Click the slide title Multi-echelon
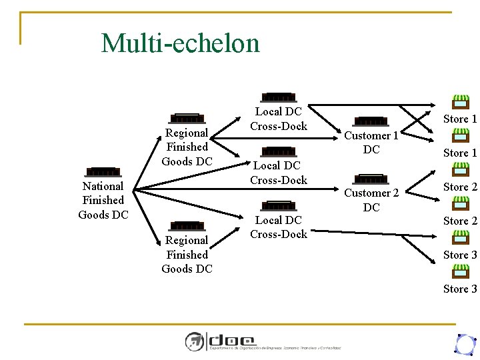click(180, 44)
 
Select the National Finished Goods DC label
click(103, 200)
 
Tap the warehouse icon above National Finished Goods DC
click(103, 173)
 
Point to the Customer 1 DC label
click(371, 143)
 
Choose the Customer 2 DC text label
click(371, 200)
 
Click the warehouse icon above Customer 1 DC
click(371, 121)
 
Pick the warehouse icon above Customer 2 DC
click(371, 179)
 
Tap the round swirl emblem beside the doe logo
click(195, 341)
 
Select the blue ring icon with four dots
click(463, 343)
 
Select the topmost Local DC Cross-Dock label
click(279, 119)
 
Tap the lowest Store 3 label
click(460, 289)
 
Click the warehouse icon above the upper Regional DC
click(187, 119)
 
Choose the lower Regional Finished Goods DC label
click(187, 255)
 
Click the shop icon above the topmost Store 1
click(460, 102)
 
